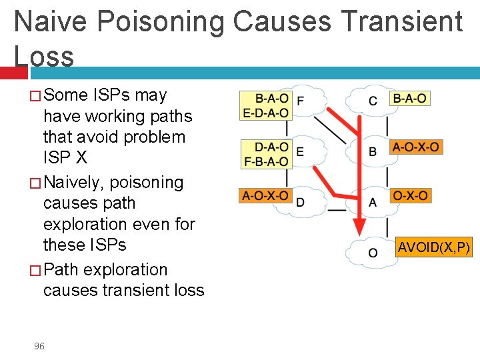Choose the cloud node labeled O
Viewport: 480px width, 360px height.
pyautogui.click(x=371, y=252)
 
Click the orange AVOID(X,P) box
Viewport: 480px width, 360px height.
pyautogui.click(x=434, y=248)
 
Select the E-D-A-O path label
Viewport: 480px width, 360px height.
pyautogui.click(x=266, y=113)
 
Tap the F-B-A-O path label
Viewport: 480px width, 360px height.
pyautogui.click(x=266, y=161)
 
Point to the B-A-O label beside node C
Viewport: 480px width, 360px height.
pyautogui.click(x=409, y=99)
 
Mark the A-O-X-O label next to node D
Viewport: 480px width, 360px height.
pyautogui.click(x=265, y=196)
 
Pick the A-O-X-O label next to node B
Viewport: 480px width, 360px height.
pyautogui.click(x=415, y=147)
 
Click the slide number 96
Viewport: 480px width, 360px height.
pyautogui.click(x=39, y=346)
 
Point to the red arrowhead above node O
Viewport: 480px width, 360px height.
pyautogui.click(x=359, y=225)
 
